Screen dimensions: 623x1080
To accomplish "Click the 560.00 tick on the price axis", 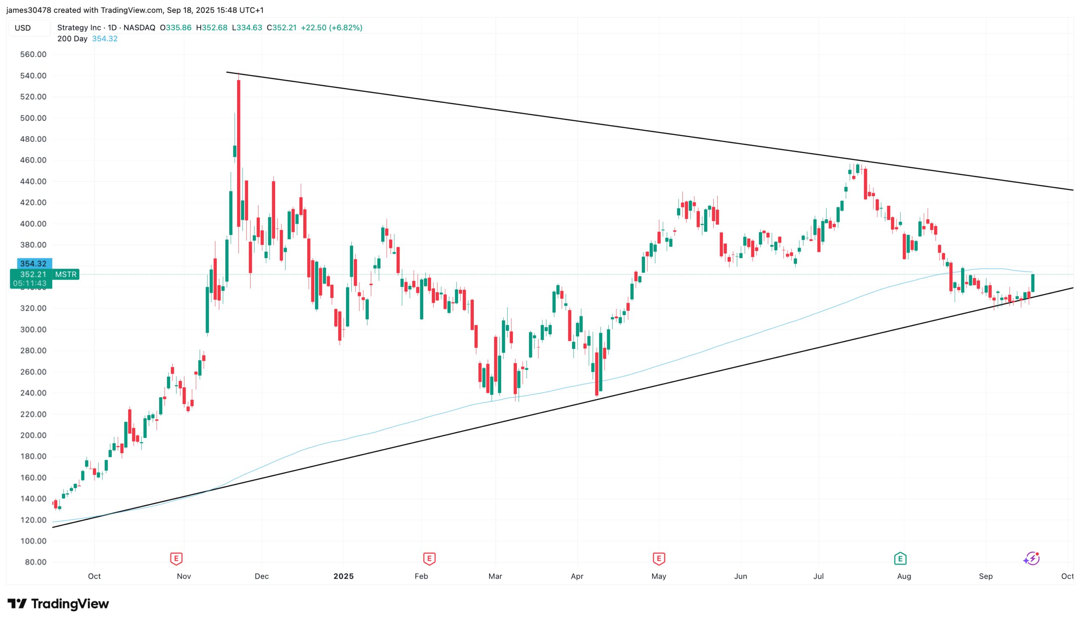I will pos(33,54).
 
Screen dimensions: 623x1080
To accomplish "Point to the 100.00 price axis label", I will pos(33,541).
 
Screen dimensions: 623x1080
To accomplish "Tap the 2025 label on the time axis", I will pos(343,576).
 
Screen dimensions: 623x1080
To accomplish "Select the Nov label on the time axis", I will pos(184,576).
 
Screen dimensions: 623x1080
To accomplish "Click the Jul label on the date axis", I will pos(818,576).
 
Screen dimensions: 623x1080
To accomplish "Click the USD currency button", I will pos(23,28).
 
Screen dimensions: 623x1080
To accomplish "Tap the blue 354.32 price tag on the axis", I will pos(34,264).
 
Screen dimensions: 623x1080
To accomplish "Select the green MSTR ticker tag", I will pos(66,274).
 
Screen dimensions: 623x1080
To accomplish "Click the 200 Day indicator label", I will pos(72,38).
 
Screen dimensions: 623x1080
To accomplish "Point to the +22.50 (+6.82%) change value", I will pos(331,27).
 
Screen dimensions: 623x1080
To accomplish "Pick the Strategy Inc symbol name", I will pos(79,27).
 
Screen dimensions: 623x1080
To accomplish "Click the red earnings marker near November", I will pos(176,558).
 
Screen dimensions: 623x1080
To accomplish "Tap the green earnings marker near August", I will pos(900,558).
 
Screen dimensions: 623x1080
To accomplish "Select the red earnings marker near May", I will pos(659,558).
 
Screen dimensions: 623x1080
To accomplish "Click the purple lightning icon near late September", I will pos(1031,558).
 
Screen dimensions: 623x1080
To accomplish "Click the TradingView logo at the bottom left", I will pos(58,604).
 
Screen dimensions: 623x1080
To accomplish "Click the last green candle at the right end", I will pos(1033,283).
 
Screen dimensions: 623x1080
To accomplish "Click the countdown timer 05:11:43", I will pos(30,283).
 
